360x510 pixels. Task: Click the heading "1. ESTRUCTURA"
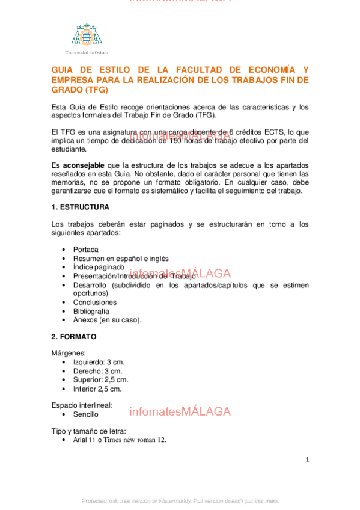coord(81,207)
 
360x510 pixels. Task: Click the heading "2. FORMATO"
coord(74,337)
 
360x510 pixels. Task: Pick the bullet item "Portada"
coord(86,249)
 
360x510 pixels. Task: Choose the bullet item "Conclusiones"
coord(95,302)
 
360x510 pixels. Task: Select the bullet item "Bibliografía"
coord(91,311)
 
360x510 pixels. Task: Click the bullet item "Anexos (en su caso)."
coord(107,320)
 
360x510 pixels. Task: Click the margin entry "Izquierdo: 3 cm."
coord(99,362)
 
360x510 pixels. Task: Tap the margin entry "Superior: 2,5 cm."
coord(100,379)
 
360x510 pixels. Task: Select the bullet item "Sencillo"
coord(86,414)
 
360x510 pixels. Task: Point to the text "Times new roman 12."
coord(136,440)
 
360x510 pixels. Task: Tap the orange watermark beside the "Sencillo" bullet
coord(180,412)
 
